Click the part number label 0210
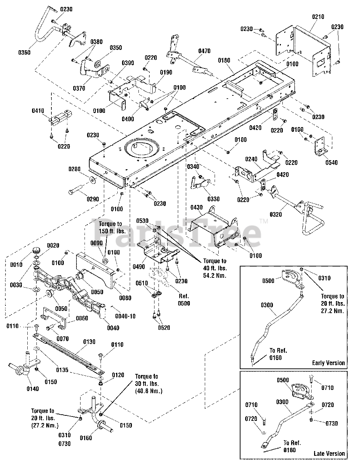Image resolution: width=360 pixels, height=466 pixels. pyautogui.click(x=318, y=17)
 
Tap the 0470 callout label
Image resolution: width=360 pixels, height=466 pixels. pyautogui.click(x=204, y=51)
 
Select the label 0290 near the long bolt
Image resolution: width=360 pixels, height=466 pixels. pyautogui.click(x=93, y=199)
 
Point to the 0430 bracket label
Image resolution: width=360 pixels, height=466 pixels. pyautogui.click(x=196, y=208)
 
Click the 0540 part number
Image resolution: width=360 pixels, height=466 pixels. pyautogui.click(x=332, y=162)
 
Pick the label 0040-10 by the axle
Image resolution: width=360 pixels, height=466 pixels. pyautogui.click(x=125, y=316)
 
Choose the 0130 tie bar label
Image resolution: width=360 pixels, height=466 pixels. pyautogui.click(x=89, y=341)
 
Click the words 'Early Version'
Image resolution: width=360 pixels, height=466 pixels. pyautogui.click(x=328, y=363)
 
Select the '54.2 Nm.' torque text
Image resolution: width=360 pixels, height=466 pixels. pyautogui.click(x=215, y=276)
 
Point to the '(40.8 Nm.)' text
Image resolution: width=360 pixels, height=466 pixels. pyautogui.click(x=149, y=391)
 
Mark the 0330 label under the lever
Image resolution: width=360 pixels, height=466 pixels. pyautogui.click(x=214, y=199)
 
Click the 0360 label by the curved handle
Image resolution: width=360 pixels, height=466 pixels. pyautogui.click(x=24, y=52)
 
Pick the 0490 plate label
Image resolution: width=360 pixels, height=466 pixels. pyautogui.click(x=139, y=266)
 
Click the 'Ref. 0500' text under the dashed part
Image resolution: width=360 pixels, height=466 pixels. pyautogui.click(x=184, y=300)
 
